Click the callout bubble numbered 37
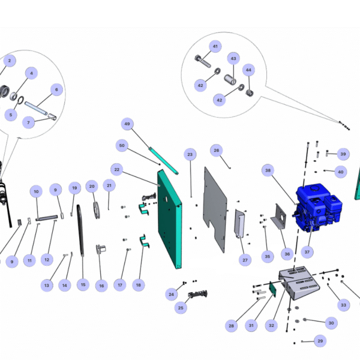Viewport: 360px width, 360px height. click(308, 251)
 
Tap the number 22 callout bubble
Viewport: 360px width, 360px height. click(117, 170)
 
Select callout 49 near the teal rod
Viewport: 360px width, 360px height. click(127, 125)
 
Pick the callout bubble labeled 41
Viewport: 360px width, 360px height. click(215, 46)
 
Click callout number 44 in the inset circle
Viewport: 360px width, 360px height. click(248, 70)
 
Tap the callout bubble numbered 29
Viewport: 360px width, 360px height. click(320, 341)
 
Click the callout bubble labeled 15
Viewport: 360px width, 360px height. click(83, 284)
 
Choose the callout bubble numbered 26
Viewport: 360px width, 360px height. click(217, 149)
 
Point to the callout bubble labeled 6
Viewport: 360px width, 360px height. click(57, 90)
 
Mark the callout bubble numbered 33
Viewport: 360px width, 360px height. click(343, 305)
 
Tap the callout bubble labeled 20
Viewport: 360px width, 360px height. click(92, 187)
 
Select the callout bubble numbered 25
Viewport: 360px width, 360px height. click(181, 308)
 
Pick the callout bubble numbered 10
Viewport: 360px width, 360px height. click(36, 191)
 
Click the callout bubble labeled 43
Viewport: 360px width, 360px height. click(233, 59)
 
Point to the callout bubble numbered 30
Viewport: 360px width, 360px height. click(330, 323)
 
